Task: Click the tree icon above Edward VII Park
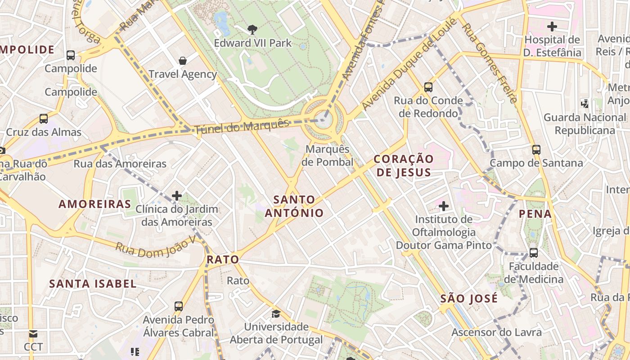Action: click(x=252, y=30)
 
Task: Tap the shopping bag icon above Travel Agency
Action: click(x=183, y=60)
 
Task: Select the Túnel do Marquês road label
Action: click(x=242, y=126)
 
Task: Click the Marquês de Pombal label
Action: click(x=327, y=155)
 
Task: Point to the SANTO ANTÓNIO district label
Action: click(x=294, y=206)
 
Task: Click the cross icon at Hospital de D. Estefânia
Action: click(x=552, y=26)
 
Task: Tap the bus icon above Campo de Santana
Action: click(x=536, y=149)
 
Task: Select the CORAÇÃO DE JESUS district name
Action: click(x=404, y=165)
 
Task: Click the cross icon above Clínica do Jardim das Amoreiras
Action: click(x=177, y=196)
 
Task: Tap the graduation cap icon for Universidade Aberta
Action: click(x=276, y=313)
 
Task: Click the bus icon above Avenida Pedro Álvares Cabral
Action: click(x=179, y=306)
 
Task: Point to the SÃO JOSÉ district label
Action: click(x=469, y=298)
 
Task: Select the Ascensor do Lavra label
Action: click(x=496, y=333)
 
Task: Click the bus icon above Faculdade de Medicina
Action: click(x=534, y=252)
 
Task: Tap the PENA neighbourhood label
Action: click(x=535, y=214)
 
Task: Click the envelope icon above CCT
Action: click(x=33, y=334)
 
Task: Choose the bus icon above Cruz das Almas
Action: click(x=44, y=119)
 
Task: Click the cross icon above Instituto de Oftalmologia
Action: click(x=444, y=206)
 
